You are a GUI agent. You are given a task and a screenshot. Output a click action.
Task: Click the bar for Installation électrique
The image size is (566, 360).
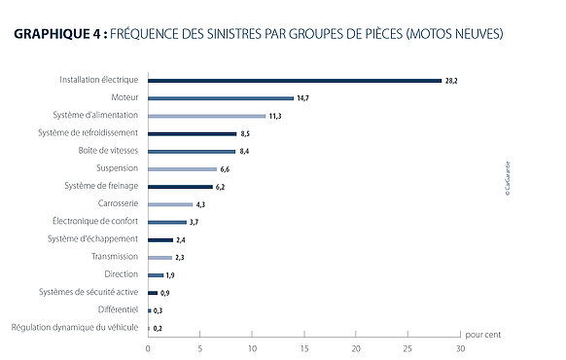point(295,81)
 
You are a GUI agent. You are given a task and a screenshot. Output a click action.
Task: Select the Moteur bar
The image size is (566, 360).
point(221,98)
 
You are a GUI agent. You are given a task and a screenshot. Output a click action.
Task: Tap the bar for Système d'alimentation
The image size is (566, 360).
point(206,116)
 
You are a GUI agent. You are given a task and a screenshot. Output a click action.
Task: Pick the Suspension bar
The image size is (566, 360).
point(182,169)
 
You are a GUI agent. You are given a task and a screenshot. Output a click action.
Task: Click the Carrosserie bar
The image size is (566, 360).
point(170,204)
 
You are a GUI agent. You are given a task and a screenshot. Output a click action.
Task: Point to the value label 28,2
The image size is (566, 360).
point(451,81)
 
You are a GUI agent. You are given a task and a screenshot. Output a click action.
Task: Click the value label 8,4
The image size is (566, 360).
point(244,151)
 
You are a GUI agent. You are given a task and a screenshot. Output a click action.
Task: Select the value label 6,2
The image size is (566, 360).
point(220,187)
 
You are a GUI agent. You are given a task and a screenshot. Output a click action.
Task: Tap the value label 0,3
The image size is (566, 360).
point(158,310)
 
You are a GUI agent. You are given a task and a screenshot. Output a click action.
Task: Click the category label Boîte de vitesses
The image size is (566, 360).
point(108,150)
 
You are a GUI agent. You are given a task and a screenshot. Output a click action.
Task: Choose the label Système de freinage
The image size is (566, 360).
point(101,186)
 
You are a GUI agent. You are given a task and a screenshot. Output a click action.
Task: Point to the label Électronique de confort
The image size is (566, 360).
point(95,221)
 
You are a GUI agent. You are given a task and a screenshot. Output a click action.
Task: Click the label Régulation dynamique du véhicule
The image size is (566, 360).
point(75,327)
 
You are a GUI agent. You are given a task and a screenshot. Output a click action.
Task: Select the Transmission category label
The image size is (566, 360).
point(115,256)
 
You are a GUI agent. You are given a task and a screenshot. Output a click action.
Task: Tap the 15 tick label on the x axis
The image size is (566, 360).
point(304,348)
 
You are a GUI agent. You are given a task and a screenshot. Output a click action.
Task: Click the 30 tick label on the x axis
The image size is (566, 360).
point(460,348)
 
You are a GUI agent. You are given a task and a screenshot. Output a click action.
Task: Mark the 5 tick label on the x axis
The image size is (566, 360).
point(199,348)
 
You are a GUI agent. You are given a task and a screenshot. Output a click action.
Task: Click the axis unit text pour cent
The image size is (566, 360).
point(483,335)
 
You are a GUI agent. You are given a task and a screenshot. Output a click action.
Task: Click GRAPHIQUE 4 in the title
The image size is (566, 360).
point(60,34)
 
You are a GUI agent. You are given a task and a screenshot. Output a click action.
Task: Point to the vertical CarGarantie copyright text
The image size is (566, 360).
point(508,178)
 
